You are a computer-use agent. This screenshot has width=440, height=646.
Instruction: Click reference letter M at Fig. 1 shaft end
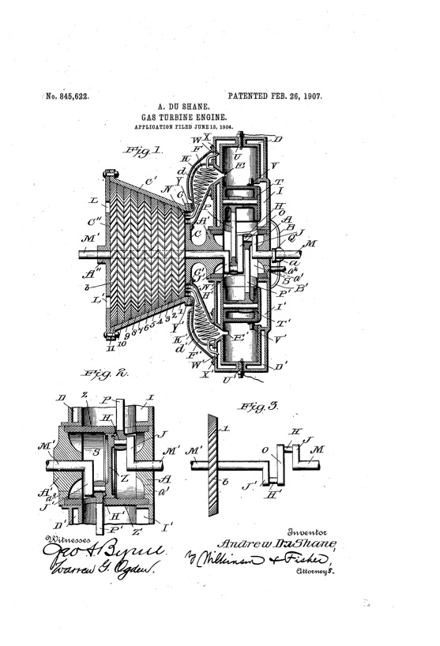[310, 243]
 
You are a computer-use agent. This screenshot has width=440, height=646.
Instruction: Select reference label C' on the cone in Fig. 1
[149, 180]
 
